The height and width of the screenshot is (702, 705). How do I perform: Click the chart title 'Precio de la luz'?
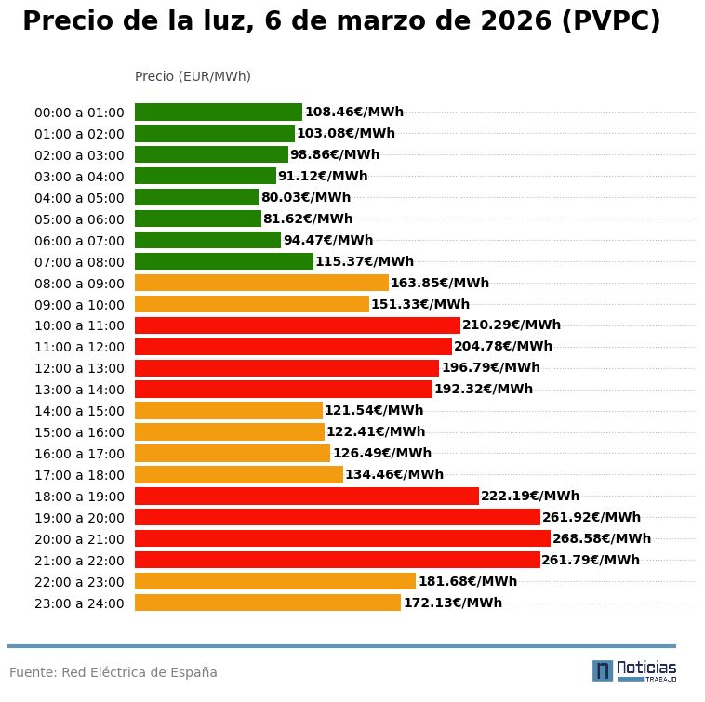click(340, 21)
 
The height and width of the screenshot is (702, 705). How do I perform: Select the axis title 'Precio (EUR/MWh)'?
click(193, 76)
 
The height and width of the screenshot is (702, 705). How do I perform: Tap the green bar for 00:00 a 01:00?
click(219, 113)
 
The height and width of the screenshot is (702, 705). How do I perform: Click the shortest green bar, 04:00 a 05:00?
click(196, 198)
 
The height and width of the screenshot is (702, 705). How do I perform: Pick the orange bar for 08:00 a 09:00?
click(261, 283)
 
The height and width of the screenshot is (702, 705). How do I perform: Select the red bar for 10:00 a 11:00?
click(298, 325)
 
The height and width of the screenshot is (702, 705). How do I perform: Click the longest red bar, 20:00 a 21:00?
click(342, 538)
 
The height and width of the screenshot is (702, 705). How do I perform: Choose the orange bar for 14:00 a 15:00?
click(229, 411)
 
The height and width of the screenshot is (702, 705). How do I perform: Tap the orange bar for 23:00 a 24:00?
click(268, 603)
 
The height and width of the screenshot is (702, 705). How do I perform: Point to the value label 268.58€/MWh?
click(602, 538)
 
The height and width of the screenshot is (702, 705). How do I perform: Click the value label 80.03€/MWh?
click(306, 198)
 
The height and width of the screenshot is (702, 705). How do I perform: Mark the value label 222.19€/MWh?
click(530, 497)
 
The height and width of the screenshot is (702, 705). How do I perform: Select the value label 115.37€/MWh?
click(365, 262)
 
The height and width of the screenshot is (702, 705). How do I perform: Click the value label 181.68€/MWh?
click(468, 582)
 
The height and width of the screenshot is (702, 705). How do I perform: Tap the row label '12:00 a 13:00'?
click(79, 368)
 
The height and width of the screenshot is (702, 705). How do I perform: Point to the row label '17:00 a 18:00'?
click(79, 475)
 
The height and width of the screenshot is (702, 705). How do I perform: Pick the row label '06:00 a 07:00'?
click(79, 241)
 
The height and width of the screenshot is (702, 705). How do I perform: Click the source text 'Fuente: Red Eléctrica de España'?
click(113, 672)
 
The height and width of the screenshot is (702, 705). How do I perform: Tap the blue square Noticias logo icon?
click(603, 670)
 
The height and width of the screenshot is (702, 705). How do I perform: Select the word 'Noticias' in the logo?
click(646, 668)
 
